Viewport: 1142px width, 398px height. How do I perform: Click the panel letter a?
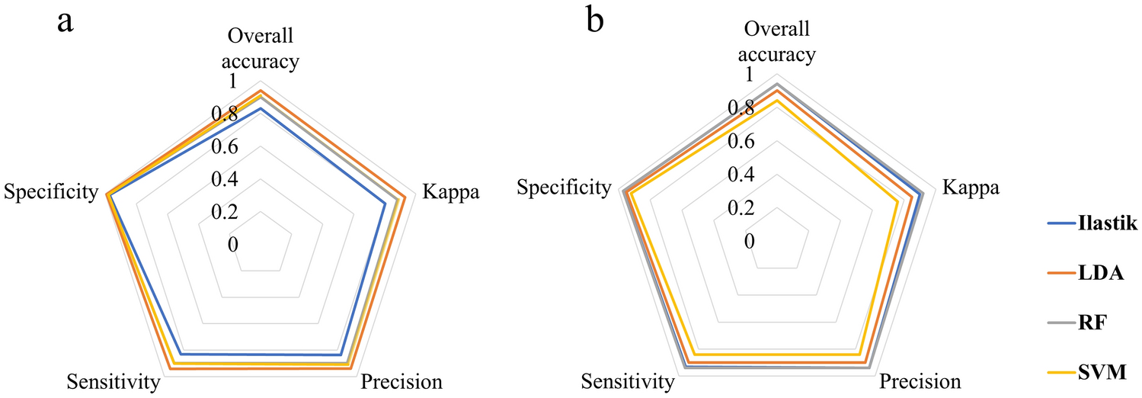tap(66, 21)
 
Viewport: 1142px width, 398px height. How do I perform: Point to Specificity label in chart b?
tap(565, 188)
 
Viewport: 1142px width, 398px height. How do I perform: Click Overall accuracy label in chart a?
tap(261, 47)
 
